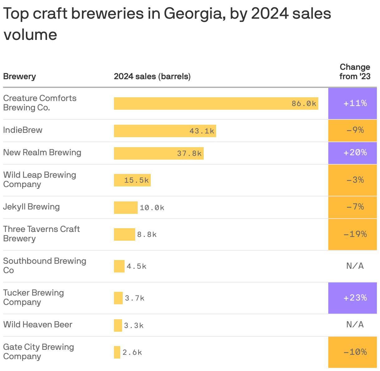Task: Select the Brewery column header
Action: (19, 76)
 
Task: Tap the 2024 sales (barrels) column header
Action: (152, 76)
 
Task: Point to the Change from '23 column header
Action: (355, 72)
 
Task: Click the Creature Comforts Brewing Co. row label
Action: (40, 103)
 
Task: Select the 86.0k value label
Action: (304, 104)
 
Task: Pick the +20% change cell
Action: (355, 152)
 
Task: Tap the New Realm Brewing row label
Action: (42, 152)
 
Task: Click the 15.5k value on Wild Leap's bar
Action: (136, 180)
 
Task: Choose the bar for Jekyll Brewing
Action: (126, 208)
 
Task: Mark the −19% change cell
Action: (355, 234)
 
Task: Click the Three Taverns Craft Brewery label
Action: (41, 234)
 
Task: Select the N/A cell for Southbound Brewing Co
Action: (355, 266)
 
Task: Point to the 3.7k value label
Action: (135, 298)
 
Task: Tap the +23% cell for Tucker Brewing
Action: (355, 298)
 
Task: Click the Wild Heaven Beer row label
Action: (38, 325)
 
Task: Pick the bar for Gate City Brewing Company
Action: (117, 352)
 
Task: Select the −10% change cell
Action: (355, 352)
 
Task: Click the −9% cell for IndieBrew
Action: (355, 130)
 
